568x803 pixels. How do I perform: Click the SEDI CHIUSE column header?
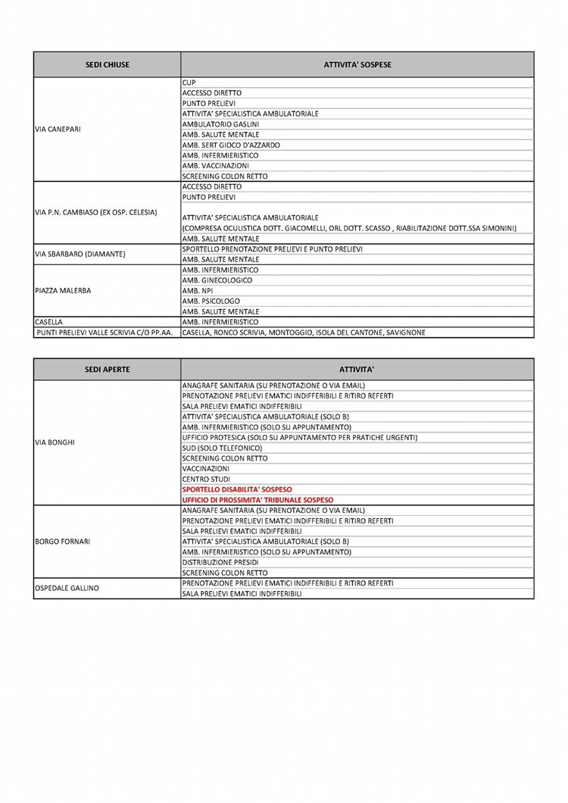pyautogui.click(x=107, y=64)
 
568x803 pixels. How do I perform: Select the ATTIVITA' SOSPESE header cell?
pyautogui.click(x=357, y=64)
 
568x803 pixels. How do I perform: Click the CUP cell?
pyautogui.click(x=189, y=82)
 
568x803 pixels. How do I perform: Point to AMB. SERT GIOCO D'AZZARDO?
pyautogui.click(x=231, y=145)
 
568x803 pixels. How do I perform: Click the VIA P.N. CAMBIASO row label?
pyautogui.click(x=96, y=212)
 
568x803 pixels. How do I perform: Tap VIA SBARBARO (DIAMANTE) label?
pyautogui.click(x=80, y=254)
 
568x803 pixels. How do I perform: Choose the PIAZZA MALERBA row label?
pyautogui.click(x=64, y=290)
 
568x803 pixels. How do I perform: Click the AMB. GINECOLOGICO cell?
pyautogui.click(x=217, y=280)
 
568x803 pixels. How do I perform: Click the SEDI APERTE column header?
pyautogui.click(x=107, y=369)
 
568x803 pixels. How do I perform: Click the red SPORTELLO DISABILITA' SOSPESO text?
pyautogui.click(x=237, y=489)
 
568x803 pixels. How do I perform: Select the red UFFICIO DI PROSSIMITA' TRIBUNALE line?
pyautogui.click(x=257, y=500)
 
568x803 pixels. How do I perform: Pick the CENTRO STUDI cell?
pyautogui.click(x=206, y=479)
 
